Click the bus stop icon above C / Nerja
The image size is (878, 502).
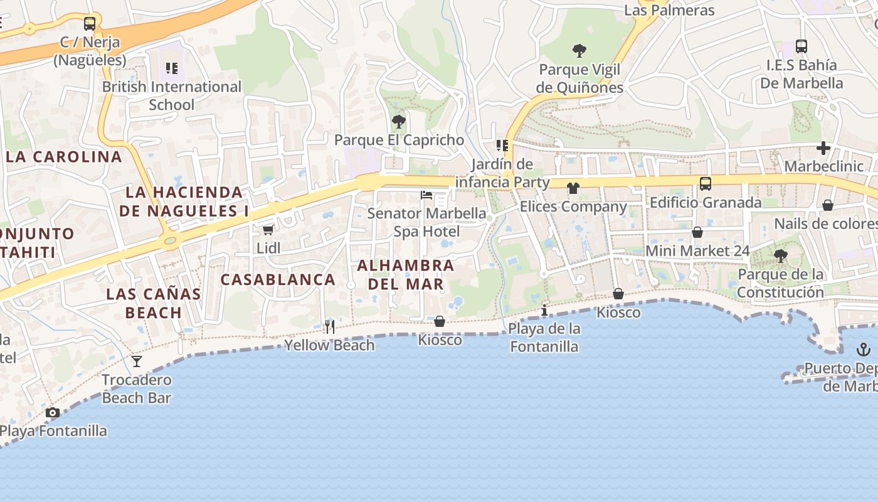point(90,24)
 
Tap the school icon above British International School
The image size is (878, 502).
point(172,68)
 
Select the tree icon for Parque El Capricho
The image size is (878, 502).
point(398,121)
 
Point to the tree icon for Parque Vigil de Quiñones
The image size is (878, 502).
point(579,50)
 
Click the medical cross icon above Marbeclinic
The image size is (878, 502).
point(823,148)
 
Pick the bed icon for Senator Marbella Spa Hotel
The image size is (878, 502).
point(426,195)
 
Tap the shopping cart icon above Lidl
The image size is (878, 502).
point(268,230)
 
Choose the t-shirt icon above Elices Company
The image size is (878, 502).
point(573,188)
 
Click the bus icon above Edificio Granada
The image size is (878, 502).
point(706,184)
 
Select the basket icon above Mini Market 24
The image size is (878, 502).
point(697,232)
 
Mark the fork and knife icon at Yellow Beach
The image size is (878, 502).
point(329,326)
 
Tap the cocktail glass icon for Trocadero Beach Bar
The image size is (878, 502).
point(137,361)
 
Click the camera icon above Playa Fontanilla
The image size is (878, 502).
point(53,412)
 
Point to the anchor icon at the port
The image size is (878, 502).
point(864,350)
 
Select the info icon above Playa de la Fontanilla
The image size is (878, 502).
point(544,310)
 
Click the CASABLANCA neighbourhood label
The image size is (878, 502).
point(278,280)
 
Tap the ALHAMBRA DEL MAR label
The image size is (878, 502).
point(406,275)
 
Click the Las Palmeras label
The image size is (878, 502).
point(669,11)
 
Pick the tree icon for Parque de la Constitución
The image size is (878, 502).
point(781,255)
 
